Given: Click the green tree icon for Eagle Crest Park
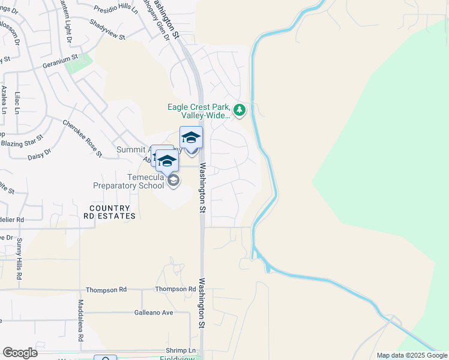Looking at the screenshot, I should tap(240, 110).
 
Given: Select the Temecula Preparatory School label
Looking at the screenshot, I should tap(128, 181).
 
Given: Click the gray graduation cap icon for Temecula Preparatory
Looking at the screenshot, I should tap(173, 181).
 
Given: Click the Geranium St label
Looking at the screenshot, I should tap(60, 60).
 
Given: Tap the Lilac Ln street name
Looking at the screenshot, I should tap(18, 103).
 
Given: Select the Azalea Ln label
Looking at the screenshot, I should tap(4, 99).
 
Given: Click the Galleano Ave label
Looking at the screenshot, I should tap(154, 313).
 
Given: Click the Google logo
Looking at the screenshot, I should tap(20, 352).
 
